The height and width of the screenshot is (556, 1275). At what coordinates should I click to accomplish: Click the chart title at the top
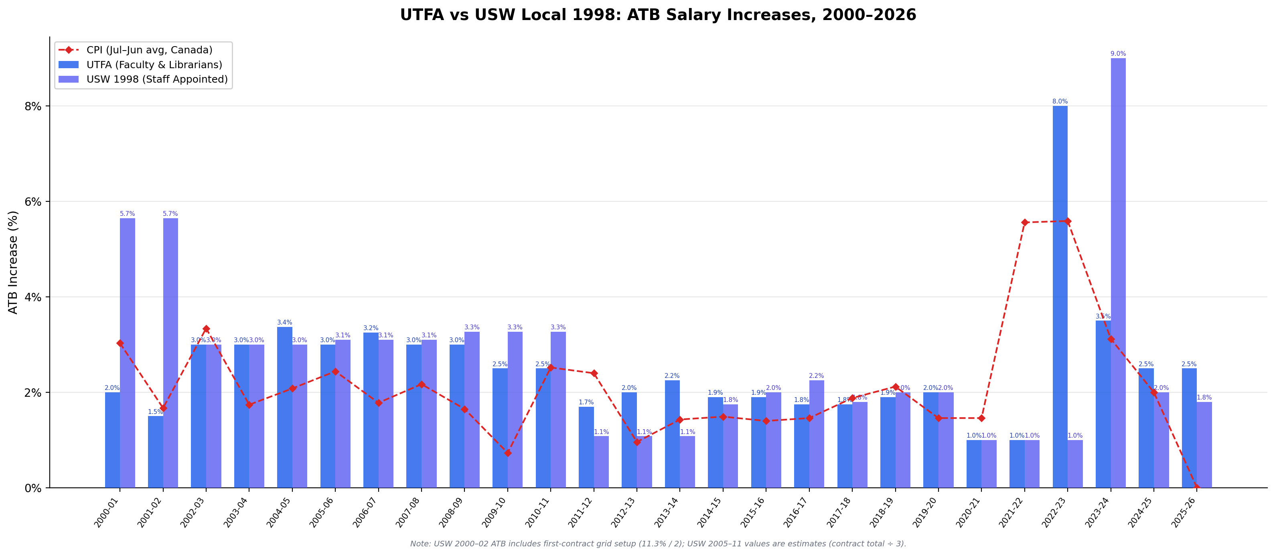[x=658, y=15]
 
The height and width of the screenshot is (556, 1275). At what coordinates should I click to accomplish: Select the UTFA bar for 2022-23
[x=1060, y=297]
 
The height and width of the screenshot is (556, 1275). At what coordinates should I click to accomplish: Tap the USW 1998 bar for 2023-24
[x=1118, y=272]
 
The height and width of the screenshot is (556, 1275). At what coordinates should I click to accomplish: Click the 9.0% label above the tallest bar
[x=1118, y=53]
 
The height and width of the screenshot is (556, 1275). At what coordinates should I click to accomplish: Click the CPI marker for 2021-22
[x=1025, y=222]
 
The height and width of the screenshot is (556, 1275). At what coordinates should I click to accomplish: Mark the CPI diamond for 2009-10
[x=507, y=453]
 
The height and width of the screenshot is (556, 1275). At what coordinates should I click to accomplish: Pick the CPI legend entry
[x=149, y=50]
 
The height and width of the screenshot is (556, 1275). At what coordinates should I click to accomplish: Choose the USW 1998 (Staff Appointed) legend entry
[x=157, y=79]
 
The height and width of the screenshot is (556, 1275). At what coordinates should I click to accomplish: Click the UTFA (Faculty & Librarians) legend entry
[x=154, y=65]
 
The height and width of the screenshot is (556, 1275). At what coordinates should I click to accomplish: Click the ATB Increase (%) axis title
[x=13, y=262]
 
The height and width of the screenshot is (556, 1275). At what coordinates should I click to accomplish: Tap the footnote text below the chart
[x=658, y=544]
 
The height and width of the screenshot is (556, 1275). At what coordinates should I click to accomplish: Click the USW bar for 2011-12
[x=601, y=461]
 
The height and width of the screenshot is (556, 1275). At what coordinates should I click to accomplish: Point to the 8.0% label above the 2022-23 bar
[x=1060, y=101]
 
